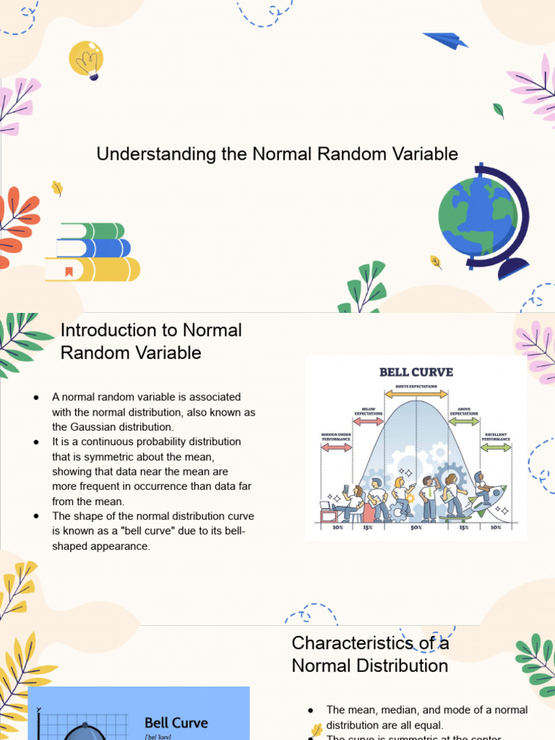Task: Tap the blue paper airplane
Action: coord(446,40)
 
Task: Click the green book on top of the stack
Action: coord(92,231)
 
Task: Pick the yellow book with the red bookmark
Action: coord(92,270)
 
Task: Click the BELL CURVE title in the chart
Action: coord(416,372)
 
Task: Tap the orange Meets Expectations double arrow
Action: coord(416,395)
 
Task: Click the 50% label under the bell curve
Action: coord(416,528)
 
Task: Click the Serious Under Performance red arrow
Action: coord(336,448)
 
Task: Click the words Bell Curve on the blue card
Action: coord(176,723)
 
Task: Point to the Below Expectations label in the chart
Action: coord(368,412)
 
